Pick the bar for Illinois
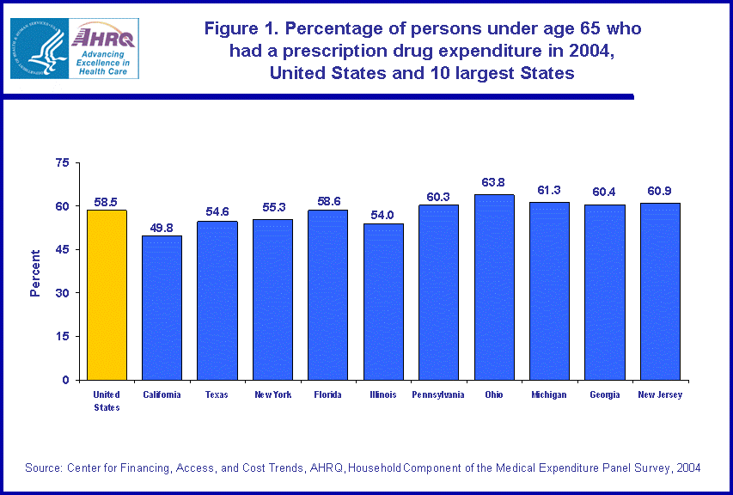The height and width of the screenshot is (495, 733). [x=383, y=301]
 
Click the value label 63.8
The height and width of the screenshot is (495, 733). [x=494, y=182]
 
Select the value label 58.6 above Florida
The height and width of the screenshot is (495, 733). [x=327, y=198]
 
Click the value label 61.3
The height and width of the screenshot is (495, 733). [x=549, y=190]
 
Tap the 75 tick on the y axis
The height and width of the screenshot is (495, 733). [x=61, y=162]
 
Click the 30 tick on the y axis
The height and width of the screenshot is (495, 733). [x=61, y=293]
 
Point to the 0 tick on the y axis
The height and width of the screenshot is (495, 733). [x=65, y=380]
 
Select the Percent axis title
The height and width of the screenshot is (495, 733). [x=35, y=273]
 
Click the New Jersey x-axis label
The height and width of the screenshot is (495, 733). [x=660, y=395]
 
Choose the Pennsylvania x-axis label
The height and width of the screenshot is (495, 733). [x=438, y=395]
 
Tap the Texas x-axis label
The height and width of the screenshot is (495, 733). [x=217, y=395]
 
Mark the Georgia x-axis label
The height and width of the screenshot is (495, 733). [x=604, y=395]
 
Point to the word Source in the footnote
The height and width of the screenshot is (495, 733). [x=45, y=467]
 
